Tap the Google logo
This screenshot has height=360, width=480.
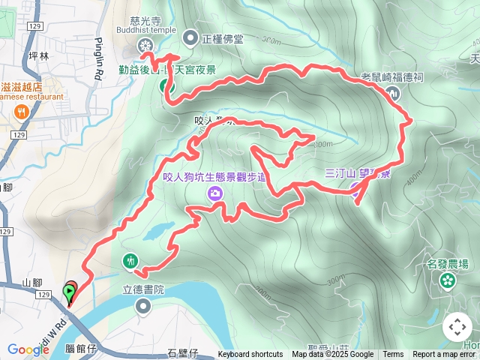pyautogui.click(x=28, y=349)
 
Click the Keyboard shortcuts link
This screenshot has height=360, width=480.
pyautogui.click(x=250, y=355)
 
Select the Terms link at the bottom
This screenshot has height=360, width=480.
pyautogui.click(x=393, y=355)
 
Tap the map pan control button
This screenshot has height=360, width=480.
pyautogui.click(x=457, y=327)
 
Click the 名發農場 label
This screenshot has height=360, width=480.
pyautogui.click(x=448, y=264)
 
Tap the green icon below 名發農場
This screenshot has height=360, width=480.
pyautogui.click(x=448, y=280)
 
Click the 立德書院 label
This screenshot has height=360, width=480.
pyautogui.click(x=142, y=288)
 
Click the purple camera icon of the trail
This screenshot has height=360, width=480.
pyautogui.click(x=216, y=193)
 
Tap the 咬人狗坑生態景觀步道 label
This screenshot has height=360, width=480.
pyautogui.click(x=214, y=178)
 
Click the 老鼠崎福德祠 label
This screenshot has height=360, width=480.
pyautogui.click(x=392, y=76)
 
